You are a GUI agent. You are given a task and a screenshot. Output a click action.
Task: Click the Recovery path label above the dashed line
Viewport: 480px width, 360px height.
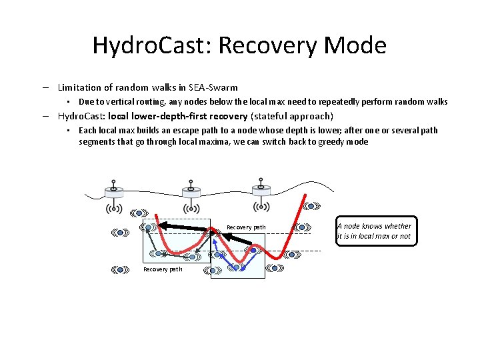[x=246, y=227]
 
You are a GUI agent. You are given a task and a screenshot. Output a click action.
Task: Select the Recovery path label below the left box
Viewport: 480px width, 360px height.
[x=163, y=269]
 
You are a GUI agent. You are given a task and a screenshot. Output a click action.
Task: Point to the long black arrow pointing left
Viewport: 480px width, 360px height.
[x=183, y=227]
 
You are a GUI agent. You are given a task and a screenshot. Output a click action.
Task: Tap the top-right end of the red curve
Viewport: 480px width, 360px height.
[x=305, y=200]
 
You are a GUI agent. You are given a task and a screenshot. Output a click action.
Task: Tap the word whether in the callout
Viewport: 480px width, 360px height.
[x=397, y=226]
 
